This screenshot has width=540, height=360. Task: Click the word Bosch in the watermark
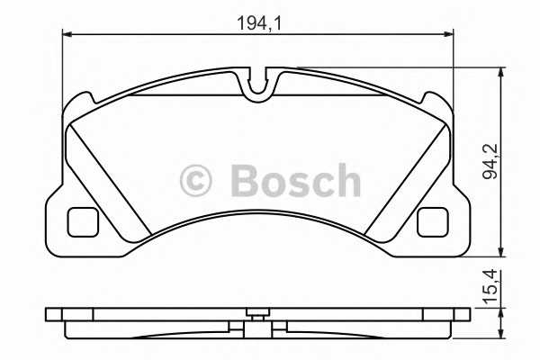295,181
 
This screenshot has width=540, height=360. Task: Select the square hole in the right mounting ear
434,220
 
